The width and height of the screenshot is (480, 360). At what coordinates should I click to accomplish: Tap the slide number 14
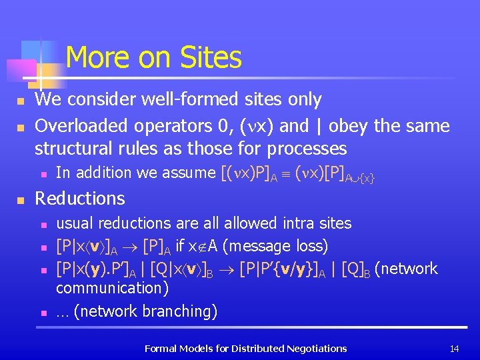455,348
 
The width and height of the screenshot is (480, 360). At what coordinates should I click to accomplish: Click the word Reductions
80,199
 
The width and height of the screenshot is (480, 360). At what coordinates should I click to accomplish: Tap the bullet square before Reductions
21,199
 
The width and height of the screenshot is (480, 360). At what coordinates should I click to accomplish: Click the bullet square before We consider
21,101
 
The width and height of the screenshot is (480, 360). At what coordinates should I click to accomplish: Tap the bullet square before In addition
42,173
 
